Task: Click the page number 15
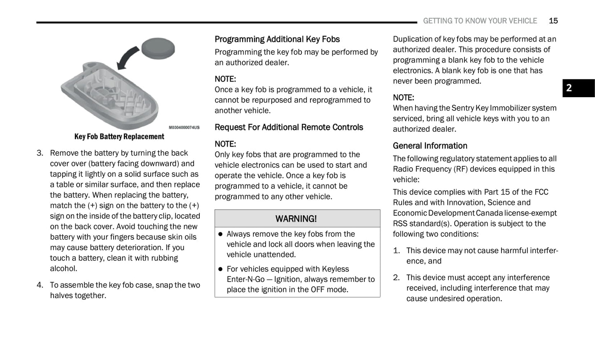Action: click(553, 21)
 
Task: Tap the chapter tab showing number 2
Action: click(578, 88)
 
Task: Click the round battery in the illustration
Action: click(158, 48)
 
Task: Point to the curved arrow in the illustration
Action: click(127, 58)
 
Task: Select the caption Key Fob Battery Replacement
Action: click(119, 137)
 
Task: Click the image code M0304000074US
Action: click(184, 128)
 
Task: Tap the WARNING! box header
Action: click(297, 219)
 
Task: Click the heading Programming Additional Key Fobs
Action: click(277, 40)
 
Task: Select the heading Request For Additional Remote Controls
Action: click(289, 127)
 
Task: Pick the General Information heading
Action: click(430, 146)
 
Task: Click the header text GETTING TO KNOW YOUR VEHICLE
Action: click(480, 21)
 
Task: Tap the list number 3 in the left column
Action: click(40, 153)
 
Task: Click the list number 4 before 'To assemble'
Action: click(40, 285)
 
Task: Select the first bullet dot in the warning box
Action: click(220, 234)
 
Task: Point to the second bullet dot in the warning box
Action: click(220, 269)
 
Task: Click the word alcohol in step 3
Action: click(63, 269)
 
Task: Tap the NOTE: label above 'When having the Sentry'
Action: click(403, 98)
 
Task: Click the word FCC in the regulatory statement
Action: click(541, 192)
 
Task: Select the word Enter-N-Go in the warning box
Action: click(245, 279)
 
